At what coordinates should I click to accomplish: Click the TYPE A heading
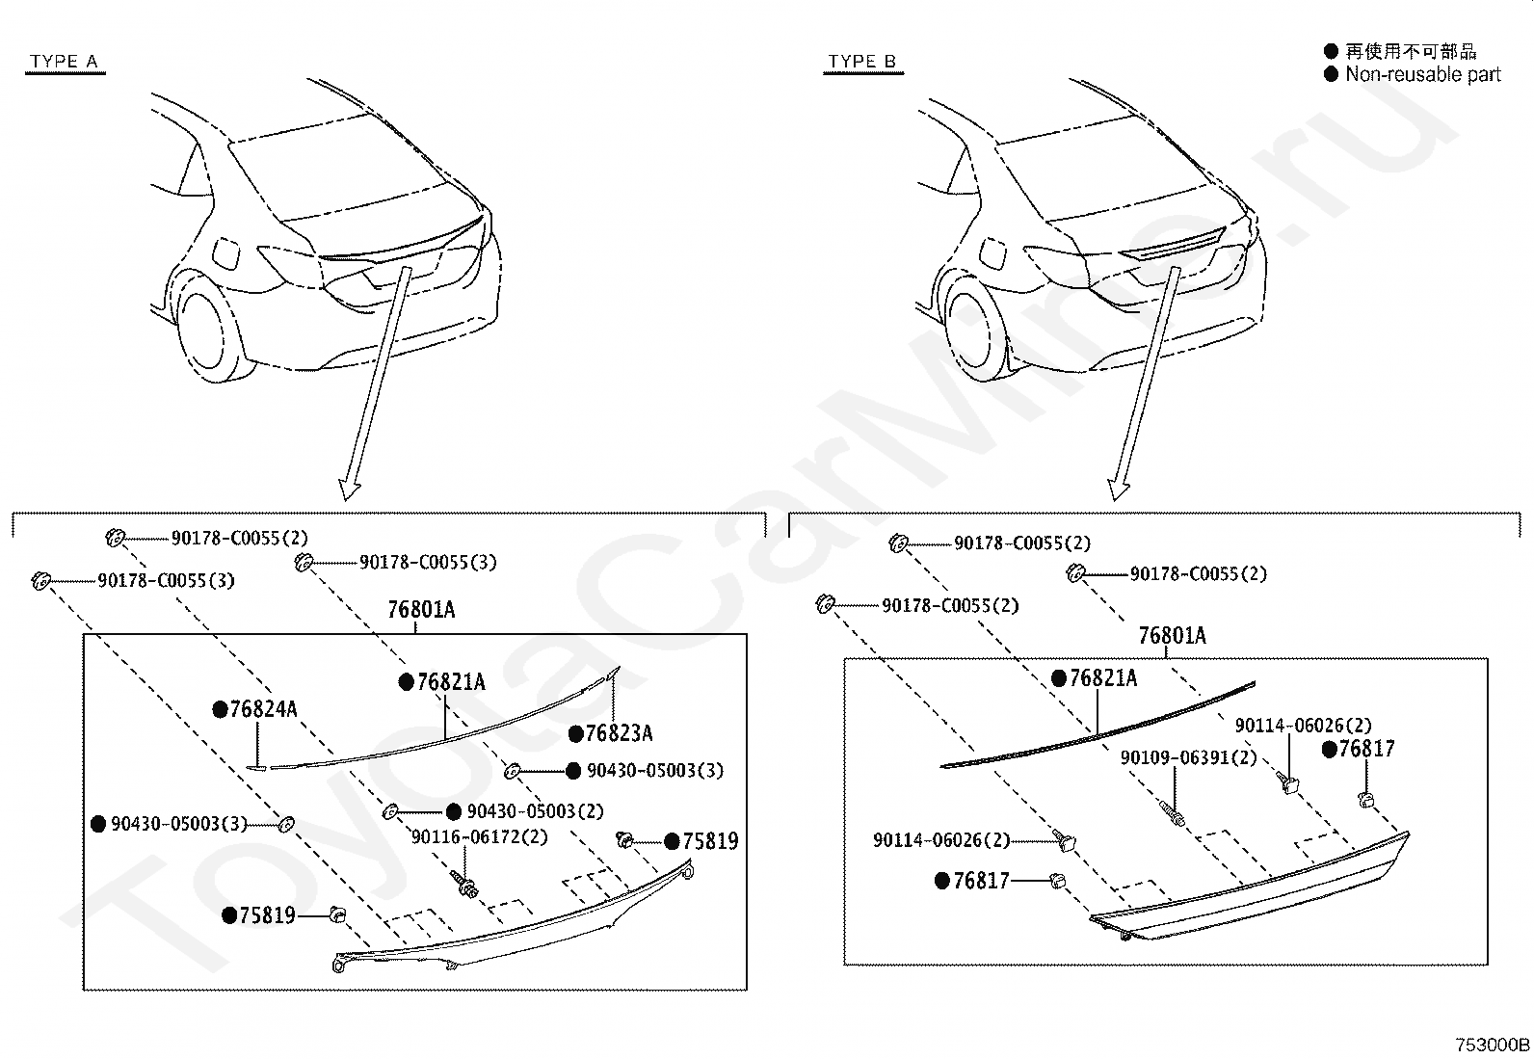(x=64, y=62)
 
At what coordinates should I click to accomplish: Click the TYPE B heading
(x=861, y=62)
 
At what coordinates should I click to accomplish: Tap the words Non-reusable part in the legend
(x=1422, y=74)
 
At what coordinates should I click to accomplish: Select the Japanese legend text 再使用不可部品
(x=1411, y=51)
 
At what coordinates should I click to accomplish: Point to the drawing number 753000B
(x=1492, y=1045)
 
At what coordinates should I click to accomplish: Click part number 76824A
(x=263, y=710)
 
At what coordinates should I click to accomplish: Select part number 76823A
(x=619, y=733)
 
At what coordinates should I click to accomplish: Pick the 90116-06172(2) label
(x=479, y=837)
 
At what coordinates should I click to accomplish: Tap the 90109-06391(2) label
(x=1188, y=757)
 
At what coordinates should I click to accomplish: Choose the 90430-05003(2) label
(x=535, y=811)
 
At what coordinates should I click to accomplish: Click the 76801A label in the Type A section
(x=421, y=610)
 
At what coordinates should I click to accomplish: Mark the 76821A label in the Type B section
(x=1103, y=678)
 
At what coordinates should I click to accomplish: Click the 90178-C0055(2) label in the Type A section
(x=240, y=539)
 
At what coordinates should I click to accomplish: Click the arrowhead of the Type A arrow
(x=350, y=489)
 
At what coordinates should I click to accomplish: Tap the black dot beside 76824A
(x=220, y=710)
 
